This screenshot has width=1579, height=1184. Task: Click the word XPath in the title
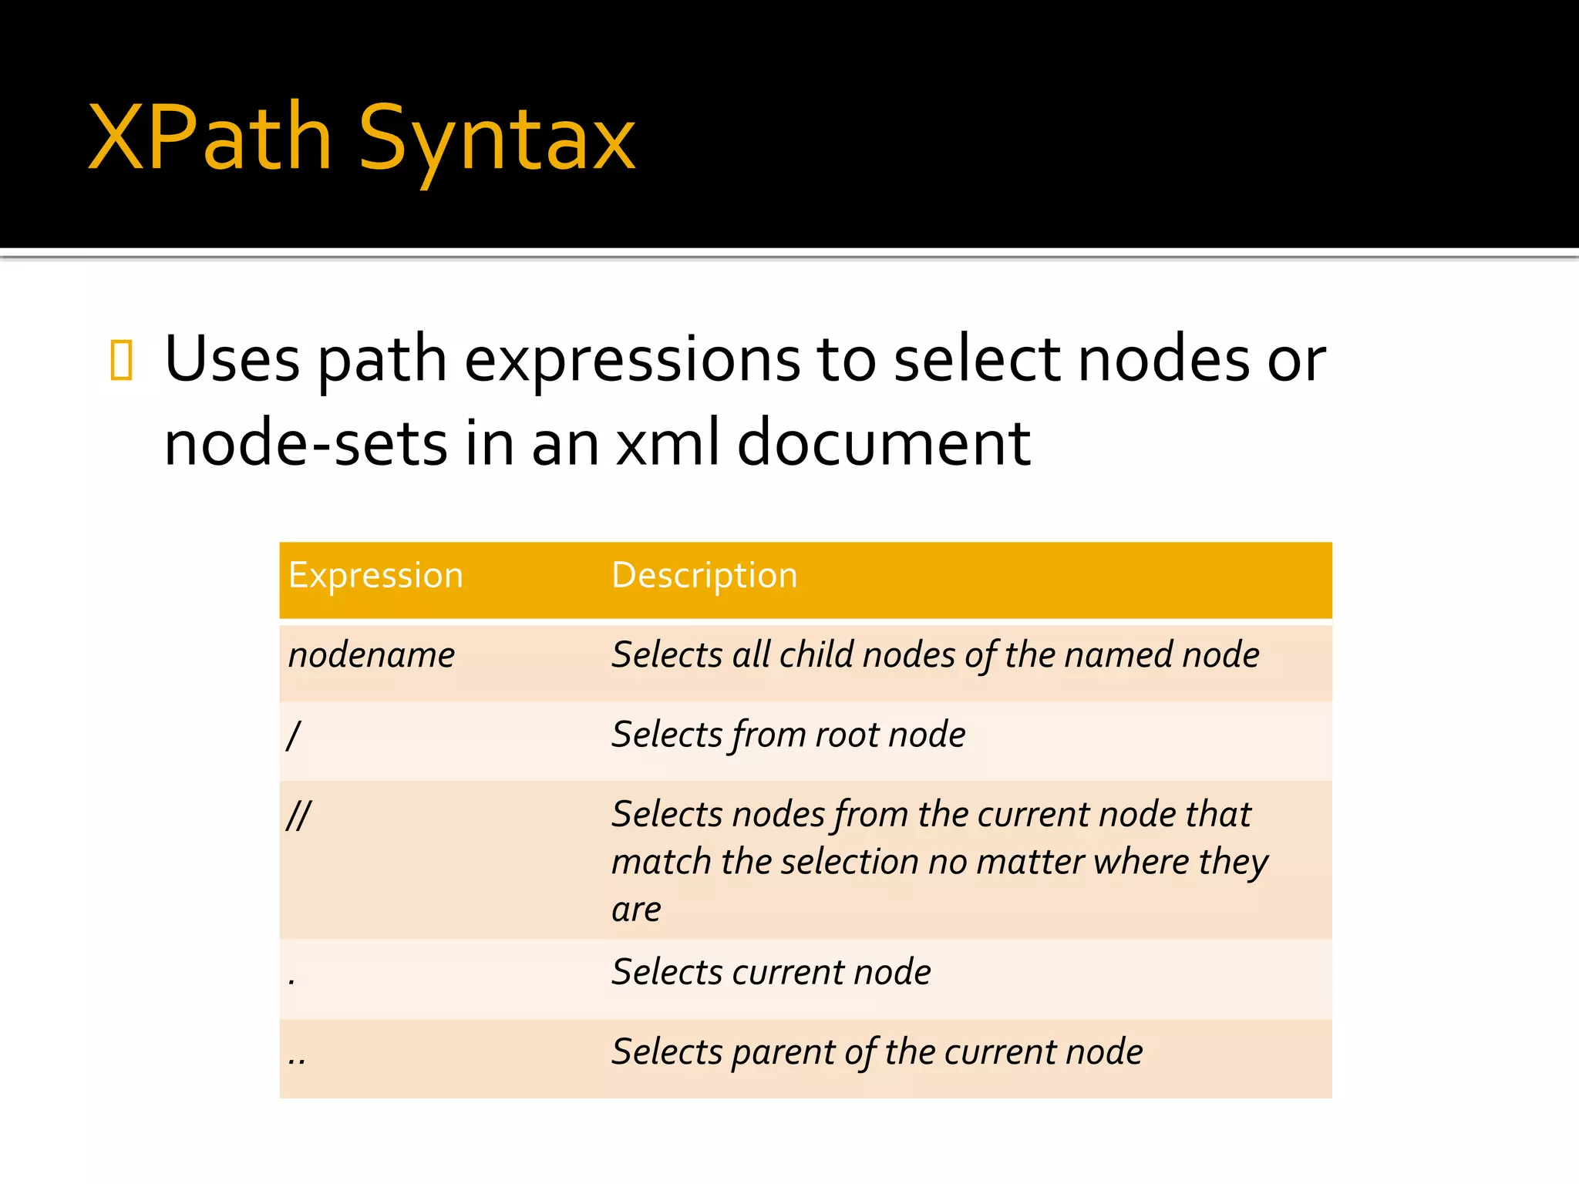pyautogui.click(x=210, y=139)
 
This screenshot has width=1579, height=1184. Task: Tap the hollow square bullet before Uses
pyautogui.click(x=122, y=360)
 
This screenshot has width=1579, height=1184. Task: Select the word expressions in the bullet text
pyautogui.click(x=631, y=361)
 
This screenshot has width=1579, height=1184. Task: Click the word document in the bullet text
pyautogui.click(x=884, y=443)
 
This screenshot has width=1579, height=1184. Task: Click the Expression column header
pyautogui.click(x=375, y=576)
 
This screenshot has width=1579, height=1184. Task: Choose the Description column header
pyautogui.click(x=704, y=576)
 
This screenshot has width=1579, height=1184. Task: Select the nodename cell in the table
pyautogui.click(x=371, y=655)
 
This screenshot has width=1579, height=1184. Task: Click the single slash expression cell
pyautogui.click(x=293, y=735)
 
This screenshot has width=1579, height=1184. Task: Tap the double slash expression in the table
pyautogui.click(x=298, y=815)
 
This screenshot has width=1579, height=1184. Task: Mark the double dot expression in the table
pyautogui.click(x=297, y=1060)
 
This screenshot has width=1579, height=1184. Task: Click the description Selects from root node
pyautogui.click(x=788, y=735)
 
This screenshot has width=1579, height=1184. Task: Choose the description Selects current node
pyautogui.click(x=771, y=972)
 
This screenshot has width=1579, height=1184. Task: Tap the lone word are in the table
pyautogui.click(x=636, y=910)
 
